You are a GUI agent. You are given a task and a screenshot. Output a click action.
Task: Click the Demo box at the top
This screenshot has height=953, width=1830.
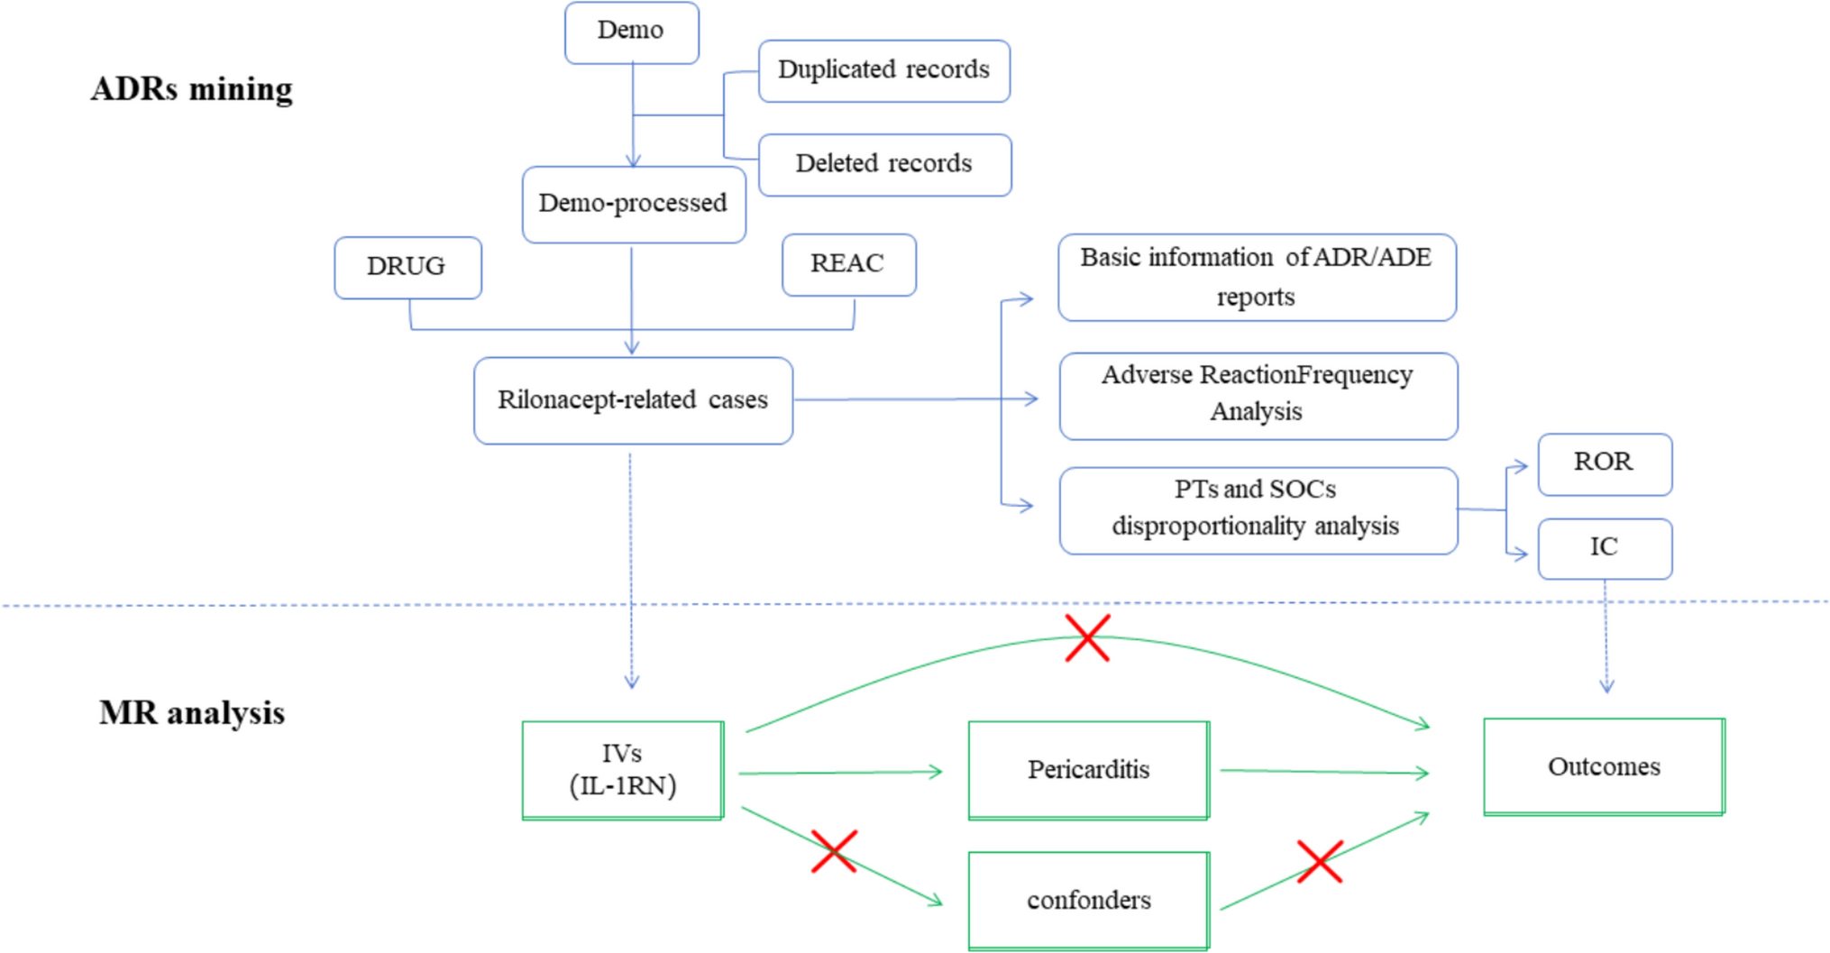pyautogui.click(x=631, y=32)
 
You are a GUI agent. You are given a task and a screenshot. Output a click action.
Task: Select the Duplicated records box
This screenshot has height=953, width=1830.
pyautogui.click(x=883, y=70)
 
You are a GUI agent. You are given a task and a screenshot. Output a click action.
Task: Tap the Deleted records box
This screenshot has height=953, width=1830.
pyautogui.click(x=884, y=164)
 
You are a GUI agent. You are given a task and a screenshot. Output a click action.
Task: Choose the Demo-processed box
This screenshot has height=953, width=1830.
pyautogui.click(x=634, y=204)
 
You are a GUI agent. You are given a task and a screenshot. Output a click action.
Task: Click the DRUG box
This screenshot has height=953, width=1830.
pyautogui.click(x=407, y=267)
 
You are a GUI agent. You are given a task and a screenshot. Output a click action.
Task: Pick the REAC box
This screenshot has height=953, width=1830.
pyautogui.click(x=848, y=264)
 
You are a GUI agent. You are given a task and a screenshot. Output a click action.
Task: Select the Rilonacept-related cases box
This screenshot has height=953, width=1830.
pyautogui.click(x=633, y=400)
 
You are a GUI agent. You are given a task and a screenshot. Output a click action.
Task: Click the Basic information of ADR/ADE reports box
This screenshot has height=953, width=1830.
pyautogui.click(x=1257, y=277)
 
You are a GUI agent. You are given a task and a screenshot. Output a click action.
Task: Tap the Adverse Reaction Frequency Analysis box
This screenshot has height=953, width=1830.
pyautogui.click(x=1258, y=395)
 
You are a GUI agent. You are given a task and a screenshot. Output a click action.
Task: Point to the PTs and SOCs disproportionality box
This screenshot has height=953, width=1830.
pyautogui.click(x=1258, y=509)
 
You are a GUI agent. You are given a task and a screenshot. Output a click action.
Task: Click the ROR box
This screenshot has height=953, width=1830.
pyautogui.click(x=1604, y=463)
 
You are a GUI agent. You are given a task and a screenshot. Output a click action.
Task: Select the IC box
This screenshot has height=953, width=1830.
pyautogui.click(x=1604, y=547)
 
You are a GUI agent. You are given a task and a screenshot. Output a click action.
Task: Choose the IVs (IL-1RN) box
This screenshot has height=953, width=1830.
pyautogui.click(x=623, y=770)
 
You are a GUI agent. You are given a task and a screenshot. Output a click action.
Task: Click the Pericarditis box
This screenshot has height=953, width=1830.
pyautogui.click(x=1088, y=770)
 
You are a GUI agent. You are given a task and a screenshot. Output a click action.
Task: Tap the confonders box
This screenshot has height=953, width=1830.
pyautogui.click(x=1088, y=900)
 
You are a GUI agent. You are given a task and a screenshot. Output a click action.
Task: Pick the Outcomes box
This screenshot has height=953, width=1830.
pyautogui.click(x=1604, y=767)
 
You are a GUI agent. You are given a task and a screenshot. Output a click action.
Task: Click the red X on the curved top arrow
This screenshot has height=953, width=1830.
pyautogui.click(x=1087, y=638)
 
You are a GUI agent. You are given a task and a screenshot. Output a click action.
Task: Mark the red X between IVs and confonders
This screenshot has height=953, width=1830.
pyautogui.click(x=834, y=851)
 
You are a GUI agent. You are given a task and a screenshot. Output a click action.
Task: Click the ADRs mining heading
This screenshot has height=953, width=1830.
pyautogui.click(x=192, y=89)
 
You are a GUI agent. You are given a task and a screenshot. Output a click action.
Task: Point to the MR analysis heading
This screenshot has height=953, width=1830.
pyautogui.click(x=192, y=713)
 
